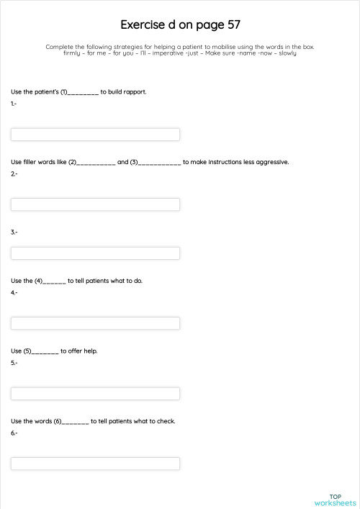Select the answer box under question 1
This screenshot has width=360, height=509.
pyautogui.click(x=95, y=135)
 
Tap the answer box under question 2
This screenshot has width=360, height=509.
pyautogui.click(x=95, y=204)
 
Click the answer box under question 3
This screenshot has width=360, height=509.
pyautogui.click(x=95, y=253)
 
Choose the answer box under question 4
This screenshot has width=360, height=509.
pyautogui.click(x=95, y=323)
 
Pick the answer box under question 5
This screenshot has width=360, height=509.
pyautogui.click(x=95, y=394)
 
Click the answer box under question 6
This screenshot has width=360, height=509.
pyautogui.click(x=95, y=464)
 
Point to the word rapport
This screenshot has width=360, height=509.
pyautogui.click(x=135, y=92)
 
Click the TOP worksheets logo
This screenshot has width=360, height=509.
pyautogui.click(x=335, y=500)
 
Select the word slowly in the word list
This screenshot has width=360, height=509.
pyautogui.click(x=287, y=53)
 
